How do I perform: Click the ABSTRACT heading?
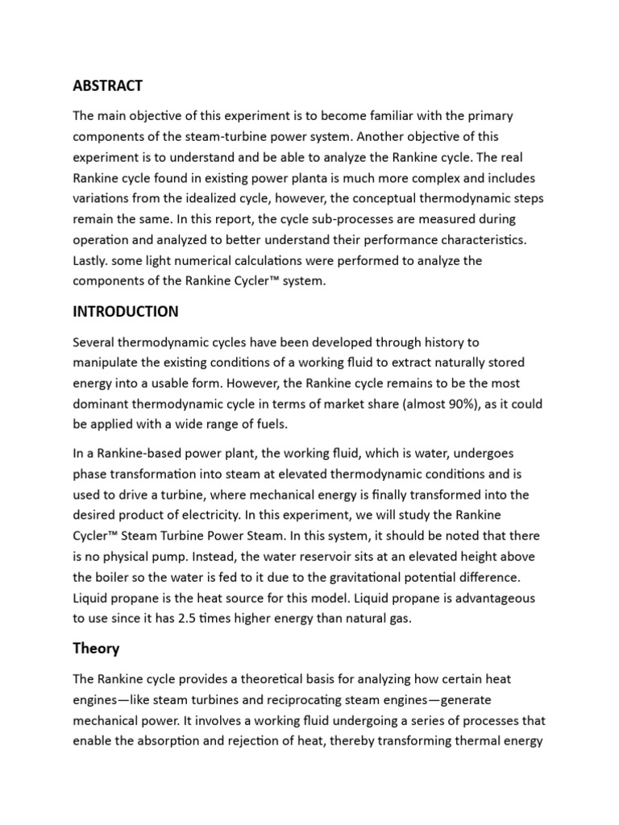[107, 85]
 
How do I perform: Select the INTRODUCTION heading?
[125, 311]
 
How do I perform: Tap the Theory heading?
[96, 648]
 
